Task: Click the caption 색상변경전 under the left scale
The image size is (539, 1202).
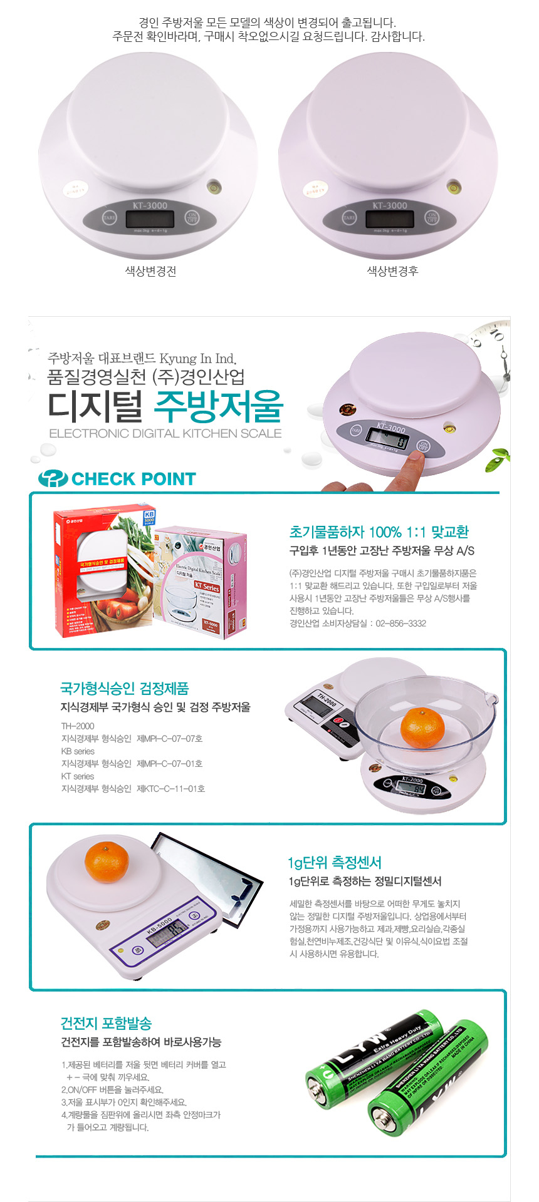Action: point(150,271)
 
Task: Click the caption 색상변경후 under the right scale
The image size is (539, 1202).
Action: point(392,271)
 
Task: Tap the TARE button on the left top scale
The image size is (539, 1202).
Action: point(110,218)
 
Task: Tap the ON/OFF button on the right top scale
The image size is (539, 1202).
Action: point(432,217)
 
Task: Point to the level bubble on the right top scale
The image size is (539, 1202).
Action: point(453,186)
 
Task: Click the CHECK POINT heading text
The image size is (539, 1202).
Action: point(133,479)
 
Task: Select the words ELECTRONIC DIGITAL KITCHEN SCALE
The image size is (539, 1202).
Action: point(165,433)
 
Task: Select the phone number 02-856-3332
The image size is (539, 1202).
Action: point(401,624)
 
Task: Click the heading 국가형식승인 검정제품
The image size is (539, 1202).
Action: point(124,689)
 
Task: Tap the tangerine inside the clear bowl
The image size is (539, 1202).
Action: point(422,727)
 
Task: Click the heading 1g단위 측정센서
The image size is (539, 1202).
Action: point(335,863)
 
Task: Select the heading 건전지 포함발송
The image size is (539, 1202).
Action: point(106,1024)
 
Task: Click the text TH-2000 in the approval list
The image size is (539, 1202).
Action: point(78,726)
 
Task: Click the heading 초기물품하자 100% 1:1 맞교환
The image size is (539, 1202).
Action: point(379,532)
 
